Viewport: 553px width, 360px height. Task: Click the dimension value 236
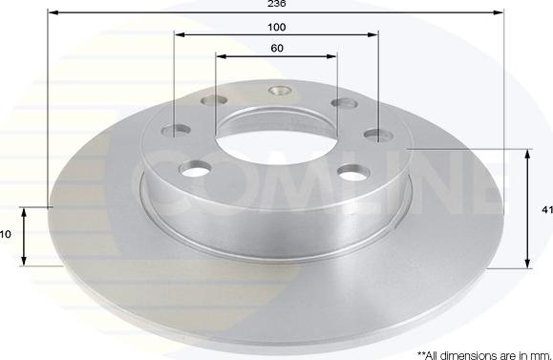click(275, 5)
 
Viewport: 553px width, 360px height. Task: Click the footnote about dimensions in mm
click(483, 352)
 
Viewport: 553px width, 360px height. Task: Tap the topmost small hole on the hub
click(281, 92)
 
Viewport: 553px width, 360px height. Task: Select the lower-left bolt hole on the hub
click(196, 169)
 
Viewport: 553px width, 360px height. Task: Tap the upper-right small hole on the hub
click(341, 104)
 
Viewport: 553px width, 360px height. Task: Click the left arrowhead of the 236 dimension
click(51, 14)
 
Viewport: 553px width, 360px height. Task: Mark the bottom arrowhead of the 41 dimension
click(527, 264)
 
